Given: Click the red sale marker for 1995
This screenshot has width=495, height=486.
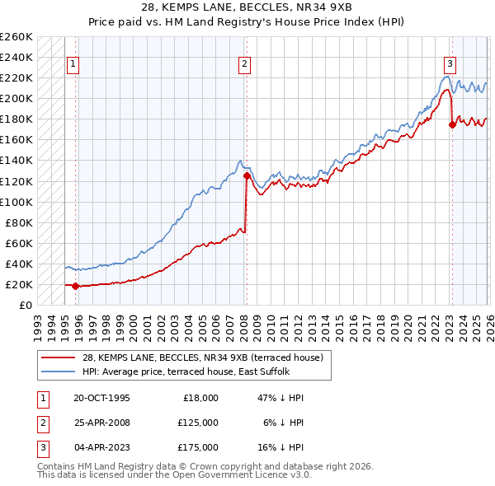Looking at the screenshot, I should tap(76, 287).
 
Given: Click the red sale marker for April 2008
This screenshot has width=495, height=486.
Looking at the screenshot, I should tap(247, 175).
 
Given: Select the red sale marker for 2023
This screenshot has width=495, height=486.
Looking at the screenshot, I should tap(452, 124).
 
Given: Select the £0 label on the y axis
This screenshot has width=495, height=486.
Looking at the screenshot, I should tap(26, 305).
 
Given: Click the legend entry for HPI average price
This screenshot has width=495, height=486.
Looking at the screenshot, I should tap(186, 372).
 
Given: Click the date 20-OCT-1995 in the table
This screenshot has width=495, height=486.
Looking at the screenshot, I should tap(101, 398).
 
